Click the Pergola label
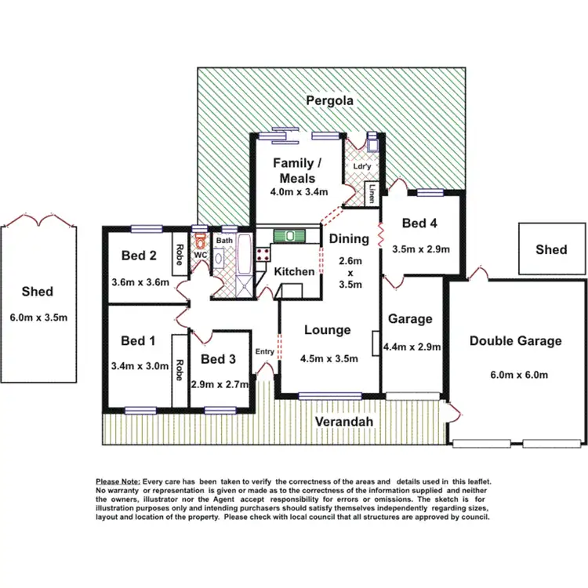click(329, 100)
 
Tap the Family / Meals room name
click(297, 171)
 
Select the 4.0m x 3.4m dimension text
click(299, 193)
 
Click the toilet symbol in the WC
click(199, 240)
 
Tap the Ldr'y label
click(362, 166)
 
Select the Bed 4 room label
click(419, 223)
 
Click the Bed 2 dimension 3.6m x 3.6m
click(140, 282)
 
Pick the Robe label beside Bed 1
click(180, 368)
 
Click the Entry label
click(265, 351)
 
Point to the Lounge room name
click(327, 330)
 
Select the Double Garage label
click(515, 340)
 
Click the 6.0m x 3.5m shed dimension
click(38, 318)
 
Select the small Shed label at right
click(551, 249)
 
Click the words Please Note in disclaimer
click(118, 481)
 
